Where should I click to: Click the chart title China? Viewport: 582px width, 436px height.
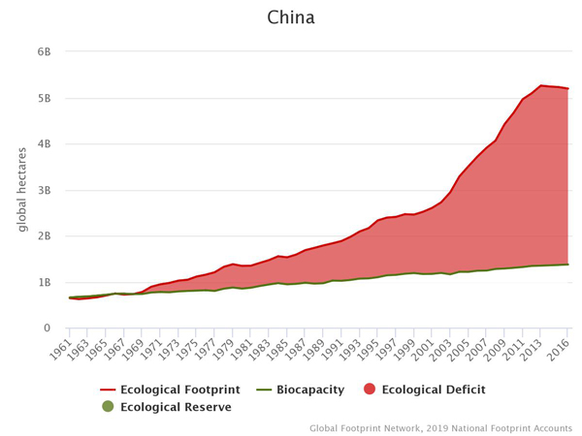click(291, 18)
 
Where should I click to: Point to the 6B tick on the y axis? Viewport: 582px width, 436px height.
click(45, 51)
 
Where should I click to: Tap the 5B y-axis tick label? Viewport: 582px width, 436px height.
click(45, 98)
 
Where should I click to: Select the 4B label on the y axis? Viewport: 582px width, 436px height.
click(45, 143)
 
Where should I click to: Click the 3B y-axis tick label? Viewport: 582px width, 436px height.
click(45, 190)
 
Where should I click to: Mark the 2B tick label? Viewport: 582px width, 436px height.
click(45, 235)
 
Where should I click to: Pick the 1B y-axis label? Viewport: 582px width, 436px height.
click(45, 282)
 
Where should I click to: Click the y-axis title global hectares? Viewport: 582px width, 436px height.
click(21, 190)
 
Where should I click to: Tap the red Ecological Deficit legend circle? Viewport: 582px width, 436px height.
click(369, 389)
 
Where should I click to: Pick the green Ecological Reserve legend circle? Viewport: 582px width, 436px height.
click(108, 407)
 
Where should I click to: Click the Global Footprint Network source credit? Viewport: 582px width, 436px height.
click(441, 427)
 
